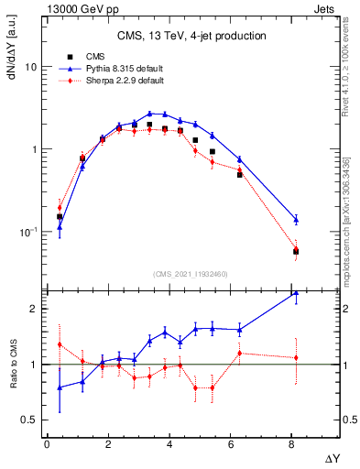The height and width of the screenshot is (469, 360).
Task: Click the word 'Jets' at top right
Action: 329,7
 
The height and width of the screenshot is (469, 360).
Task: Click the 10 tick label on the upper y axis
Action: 31,67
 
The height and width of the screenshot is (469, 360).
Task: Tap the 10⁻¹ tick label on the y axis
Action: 27,232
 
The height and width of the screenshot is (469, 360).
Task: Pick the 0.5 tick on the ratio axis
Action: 30,420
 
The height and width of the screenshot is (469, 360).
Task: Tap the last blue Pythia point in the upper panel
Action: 296,219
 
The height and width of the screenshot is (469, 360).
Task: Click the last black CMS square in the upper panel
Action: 296,251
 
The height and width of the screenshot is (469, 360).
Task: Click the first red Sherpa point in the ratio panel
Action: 60,344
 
